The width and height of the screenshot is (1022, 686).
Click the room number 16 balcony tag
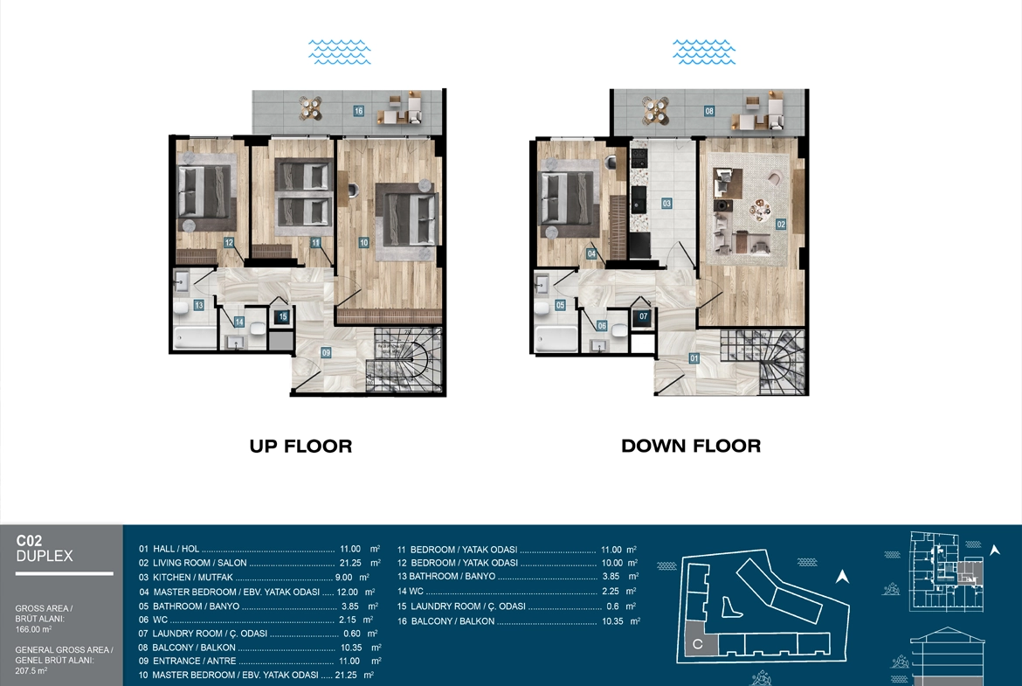click(x=358, y=111)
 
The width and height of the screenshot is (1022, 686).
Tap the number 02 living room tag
click(x=781, y=225)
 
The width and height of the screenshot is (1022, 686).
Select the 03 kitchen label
click(x=666, y=204)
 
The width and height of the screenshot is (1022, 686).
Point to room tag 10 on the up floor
click(x=363, y=243)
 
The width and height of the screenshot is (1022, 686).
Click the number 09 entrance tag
click(x=326, y=353)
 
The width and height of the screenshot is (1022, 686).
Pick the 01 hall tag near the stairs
click(x=694, y=358)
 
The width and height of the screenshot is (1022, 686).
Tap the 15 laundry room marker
click(x=283, y=317)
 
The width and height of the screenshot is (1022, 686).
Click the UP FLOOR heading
click(x=300, y=446)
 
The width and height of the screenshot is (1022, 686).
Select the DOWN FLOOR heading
click(x=691, y=446)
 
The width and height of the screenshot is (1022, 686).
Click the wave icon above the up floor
click(x=340, y=52)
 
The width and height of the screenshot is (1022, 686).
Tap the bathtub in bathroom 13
click(x=195, y=338)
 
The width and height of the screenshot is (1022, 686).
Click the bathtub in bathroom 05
click(x=556, y=338)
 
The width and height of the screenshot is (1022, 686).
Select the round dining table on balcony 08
click(x=656, y=111)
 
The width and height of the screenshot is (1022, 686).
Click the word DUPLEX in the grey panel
click(x=45, y=557)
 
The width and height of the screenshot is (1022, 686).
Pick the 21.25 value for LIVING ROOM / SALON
click(x=350, y=563)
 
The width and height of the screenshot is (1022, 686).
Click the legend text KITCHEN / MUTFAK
click(x=192, y=577)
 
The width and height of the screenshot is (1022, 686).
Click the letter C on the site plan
click(x=697, y=644)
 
